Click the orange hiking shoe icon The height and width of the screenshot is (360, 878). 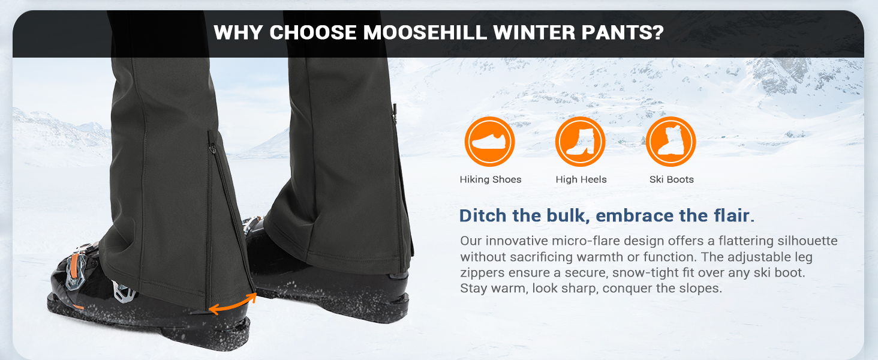[x=490, y=142]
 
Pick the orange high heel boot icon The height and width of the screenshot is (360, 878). [x=581, y=142]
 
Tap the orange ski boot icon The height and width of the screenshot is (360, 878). [x=671, y=142]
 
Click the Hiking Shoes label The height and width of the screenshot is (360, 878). [x=491, y=179]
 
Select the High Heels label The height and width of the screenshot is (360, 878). [x=581, y=179]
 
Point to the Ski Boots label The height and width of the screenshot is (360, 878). [x=671, y=179]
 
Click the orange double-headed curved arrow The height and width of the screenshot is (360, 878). [x=233, y=303]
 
